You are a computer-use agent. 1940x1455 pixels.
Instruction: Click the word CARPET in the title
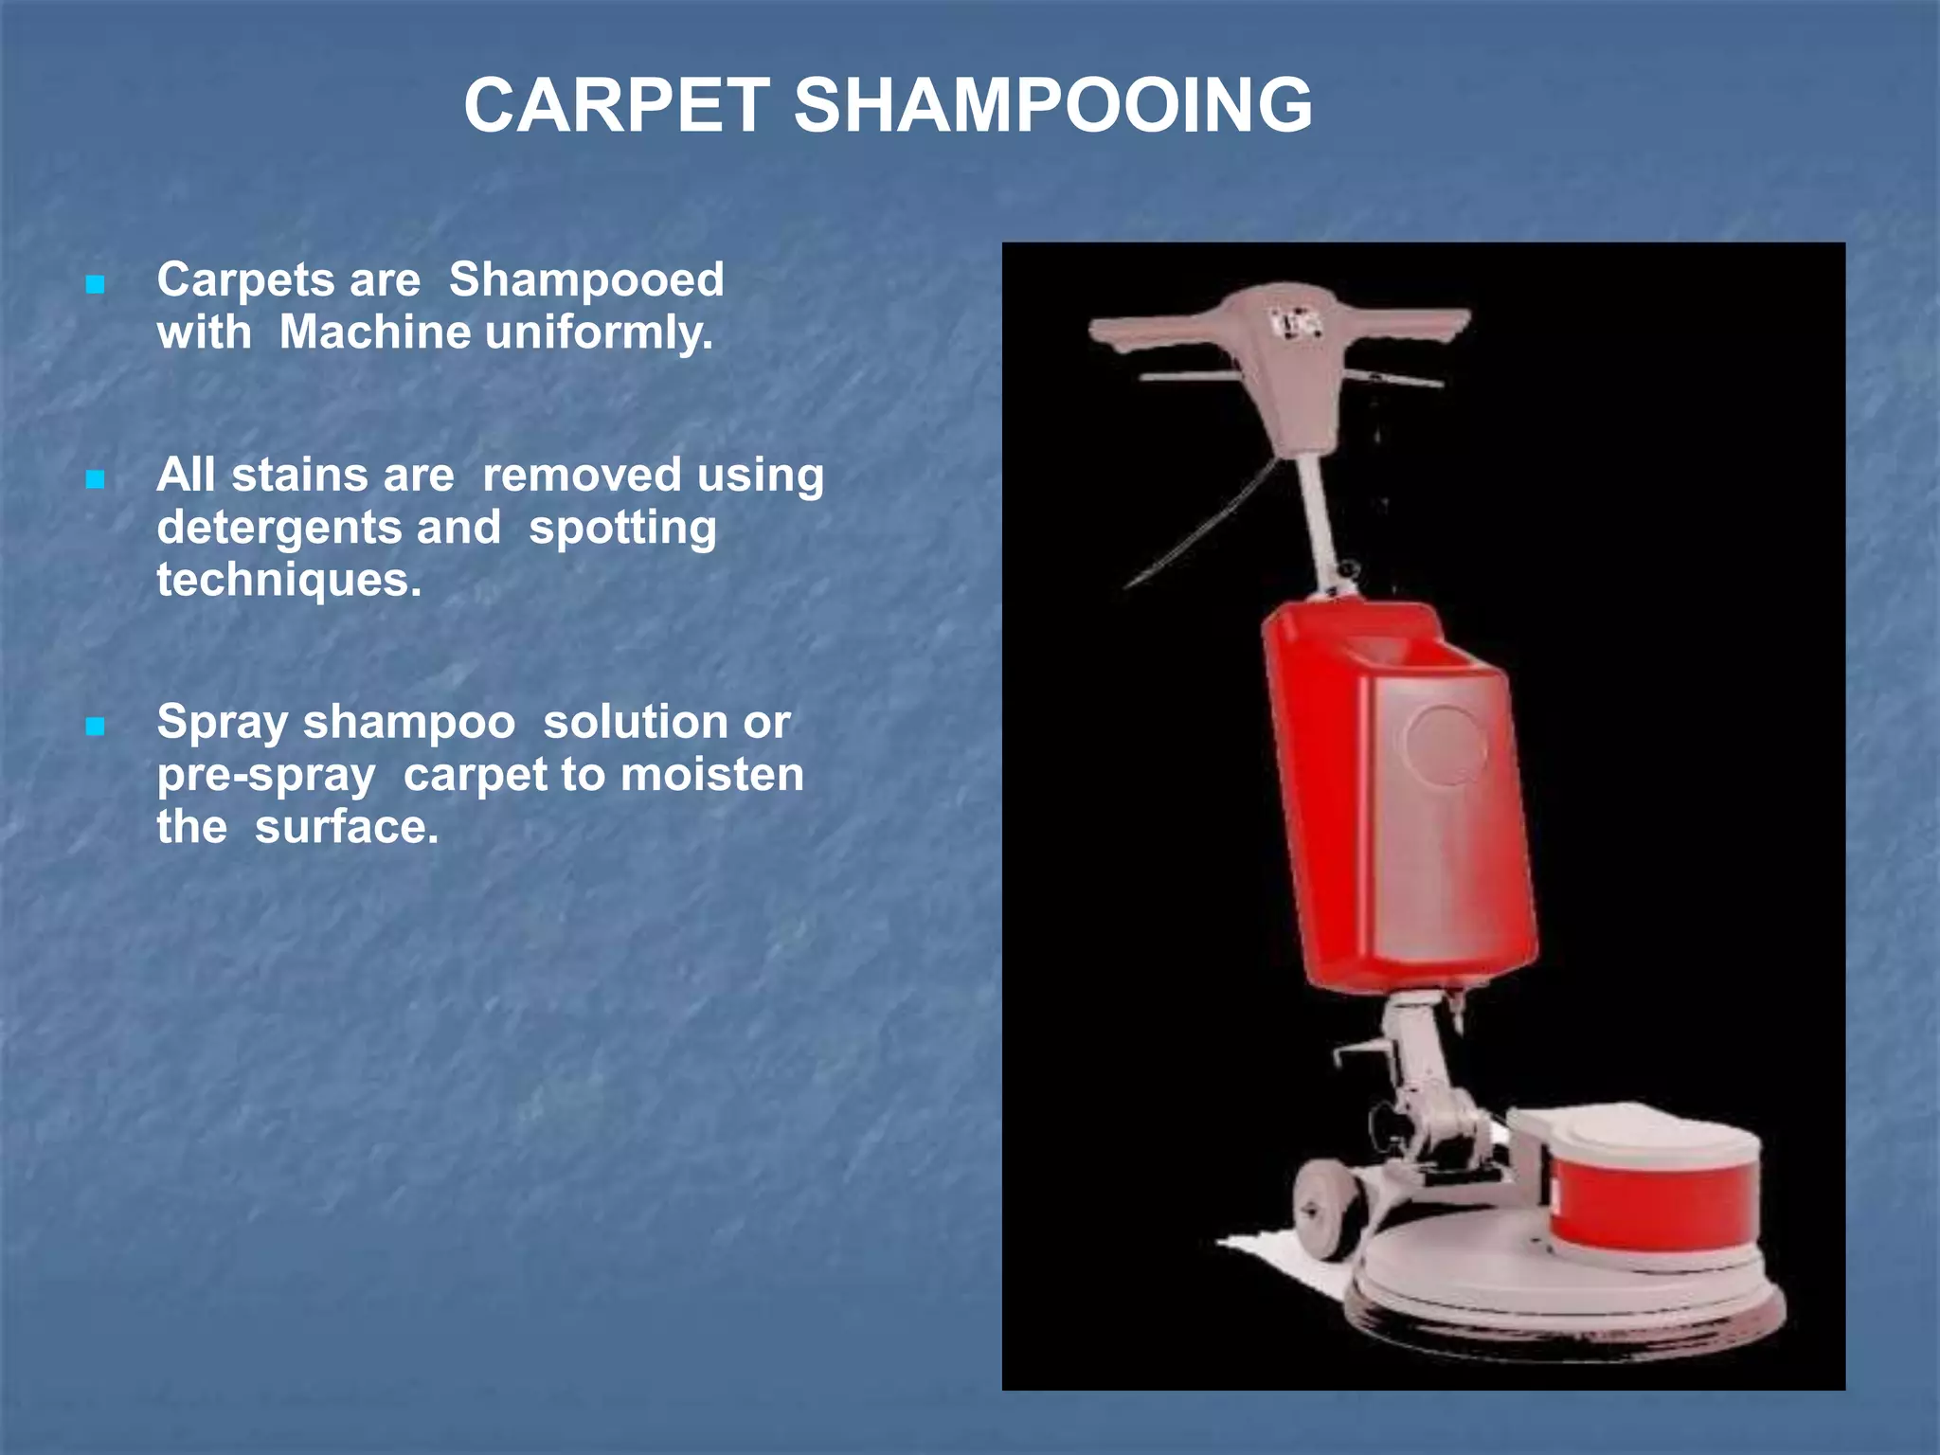tap(617, 105)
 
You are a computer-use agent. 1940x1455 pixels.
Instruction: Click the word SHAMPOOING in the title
tap(1052, 105)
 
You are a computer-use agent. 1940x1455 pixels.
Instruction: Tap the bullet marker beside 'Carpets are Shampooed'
tap(95, 284)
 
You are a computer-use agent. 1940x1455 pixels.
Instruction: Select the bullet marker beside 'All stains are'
tap(95, 479)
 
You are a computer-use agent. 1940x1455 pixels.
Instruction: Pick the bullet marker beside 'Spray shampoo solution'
tap(95, 727)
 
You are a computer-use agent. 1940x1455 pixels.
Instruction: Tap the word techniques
tap(289, 580)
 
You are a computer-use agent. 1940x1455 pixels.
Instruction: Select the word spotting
tap(622, 528)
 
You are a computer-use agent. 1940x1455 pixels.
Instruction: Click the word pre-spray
tap(266, 775)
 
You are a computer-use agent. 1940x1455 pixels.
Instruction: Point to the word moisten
tap(712, 775)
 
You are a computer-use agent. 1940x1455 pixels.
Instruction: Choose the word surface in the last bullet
tap(347, 827)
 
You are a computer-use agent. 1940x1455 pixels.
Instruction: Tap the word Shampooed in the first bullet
tap(586, 280)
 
